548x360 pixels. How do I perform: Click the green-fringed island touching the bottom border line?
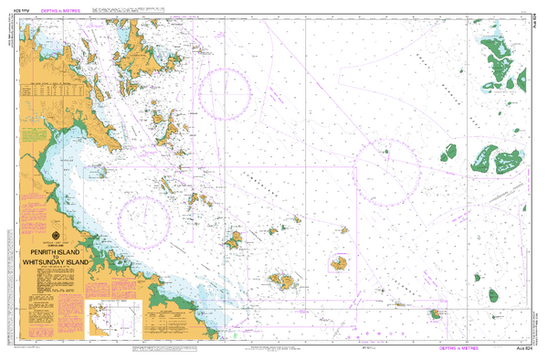(x=432, y=315)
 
